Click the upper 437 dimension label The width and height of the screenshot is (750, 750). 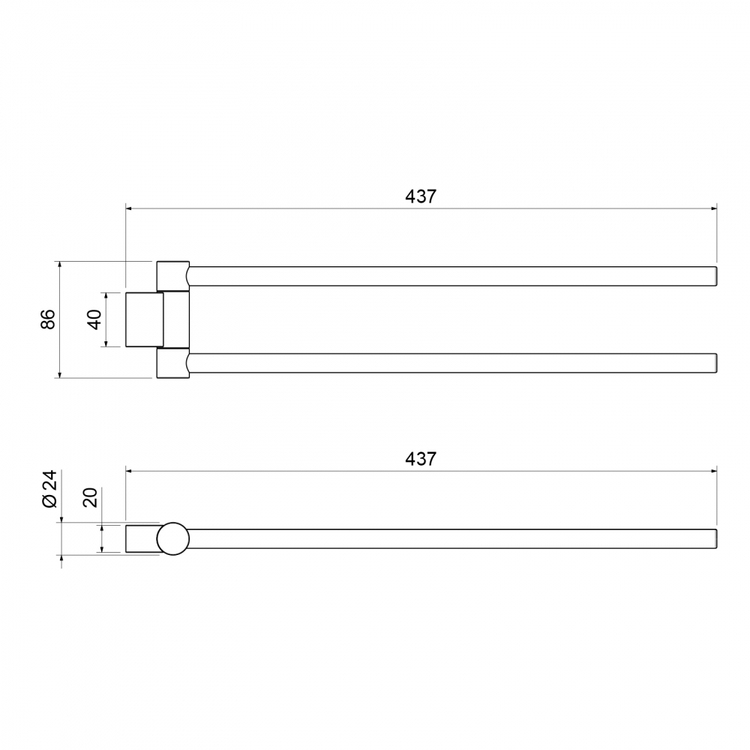(x=421, y=196)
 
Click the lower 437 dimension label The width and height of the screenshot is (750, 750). (x=421, y=459)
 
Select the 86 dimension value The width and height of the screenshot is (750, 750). (x=48, y=319)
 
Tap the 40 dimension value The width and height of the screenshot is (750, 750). (x=94, y=319)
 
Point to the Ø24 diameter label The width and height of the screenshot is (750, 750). (x=49, y=489)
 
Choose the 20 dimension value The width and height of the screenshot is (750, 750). (x=90, y=497)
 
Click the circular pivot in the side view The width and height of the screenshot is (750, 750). (x=173, y=538)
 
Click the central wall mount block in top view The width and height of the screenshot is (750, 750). (x=145, y=319)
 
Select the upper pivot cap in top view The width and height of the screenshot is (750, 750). (x=173, y=276)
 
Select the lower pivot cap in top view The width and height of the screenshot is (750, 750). (x=173, y=363)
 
